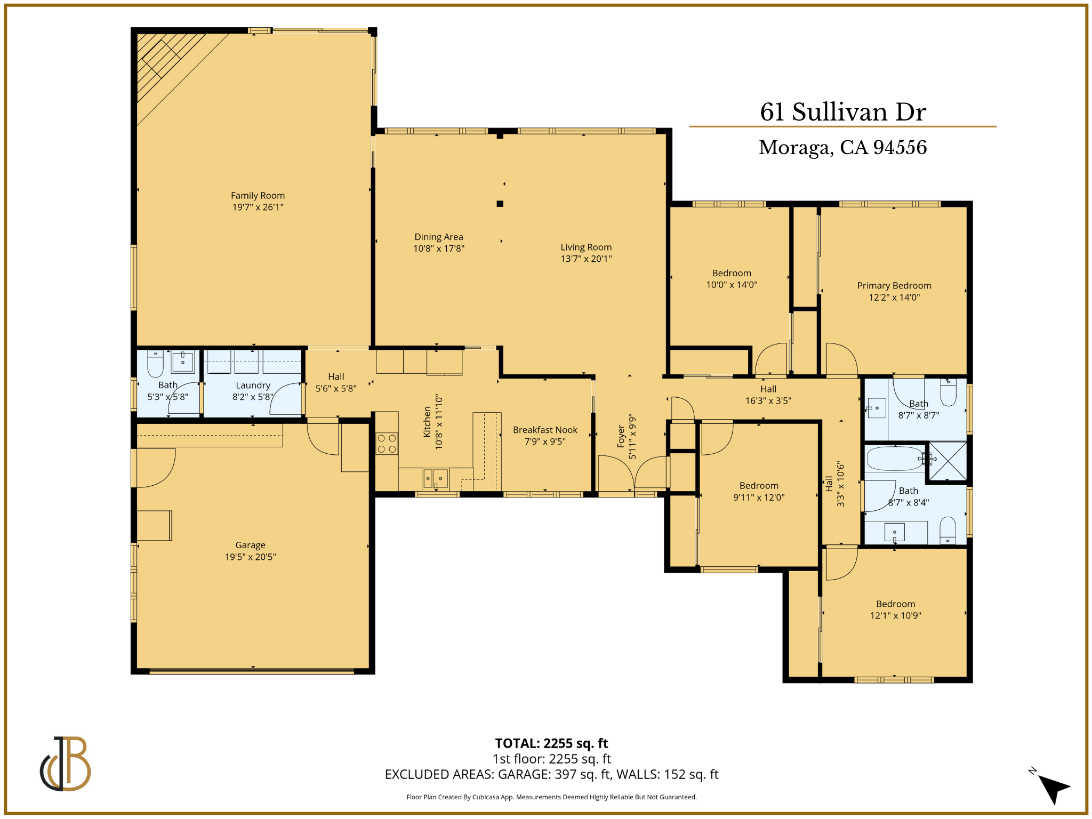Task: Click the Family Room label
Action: coord(258,196)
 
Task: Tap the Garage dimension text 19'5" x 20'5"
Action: coord(250,557)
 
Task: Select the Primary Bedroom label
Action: coord(894,286)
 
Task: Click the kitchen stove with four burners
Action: coord(387,444)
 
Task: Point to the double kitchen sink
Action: coord(436,479)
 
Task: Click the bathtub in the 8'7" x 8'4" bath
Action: coord(894,459)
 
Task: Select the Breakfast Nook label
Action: coord(545,430)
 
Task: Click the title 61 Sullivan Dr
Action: coord(843,112)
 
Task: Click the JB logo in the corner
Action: coord(66,764)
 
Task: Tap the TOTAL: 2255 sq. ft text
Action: coord(551,743)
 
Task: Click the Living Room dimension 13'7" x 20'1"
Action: coord(586,259)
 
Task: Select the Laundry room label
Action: coord(253,385)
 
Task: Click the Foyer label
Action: coord(621,436)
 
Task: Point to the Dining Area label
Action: coord(439,237)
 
